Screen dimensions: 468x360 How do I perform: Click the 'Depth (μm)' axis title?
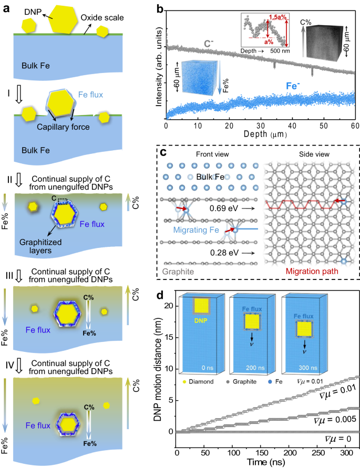click(x=260, y=136)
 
